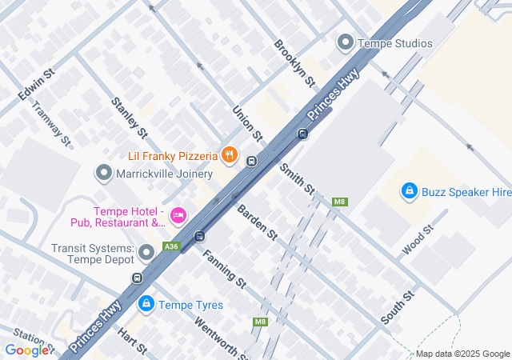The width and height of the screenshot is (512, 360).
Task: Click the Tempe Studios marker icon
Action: click(346, 42)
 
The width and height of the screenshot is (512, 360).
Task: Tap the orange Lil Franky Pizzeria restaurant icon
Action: click(230, 154)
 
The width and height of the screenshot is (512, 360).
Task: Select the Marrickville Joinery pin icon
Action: click(103, 174)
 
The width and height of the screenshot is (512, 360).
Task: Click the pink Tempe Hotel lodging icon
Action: click(178, 214)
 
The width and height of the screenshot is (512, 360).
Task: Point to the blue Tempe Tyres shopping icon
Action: click(146, 304)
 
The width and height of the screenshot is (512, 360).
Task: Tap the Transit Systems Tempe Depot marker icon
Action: click(146, 254)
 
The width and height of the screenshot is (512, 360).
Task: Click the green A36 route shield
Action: click(170, 246)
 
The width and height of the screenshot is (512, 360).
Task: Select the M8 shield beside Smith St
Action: click(340, 202)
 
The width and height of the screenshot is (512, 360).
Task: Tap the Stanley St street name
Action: click(130, 117)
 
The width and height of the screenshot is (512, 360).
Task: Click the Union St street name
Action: click(247, 122)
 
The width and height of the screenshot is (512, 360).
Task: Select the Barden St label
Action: click(257, 222)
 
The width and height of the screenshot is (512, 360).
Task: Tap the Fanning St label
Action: click(224, 269)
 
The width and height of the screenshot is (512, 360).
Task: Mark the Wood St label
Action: click(418, 239)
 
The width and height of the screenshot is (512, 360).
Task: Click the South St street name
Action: click(398, 307)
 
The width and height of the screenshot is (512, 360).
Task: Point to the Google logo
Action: click(26, 350)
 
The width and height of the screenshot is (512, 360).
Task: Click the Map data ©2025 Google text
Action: click(462, 354)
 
